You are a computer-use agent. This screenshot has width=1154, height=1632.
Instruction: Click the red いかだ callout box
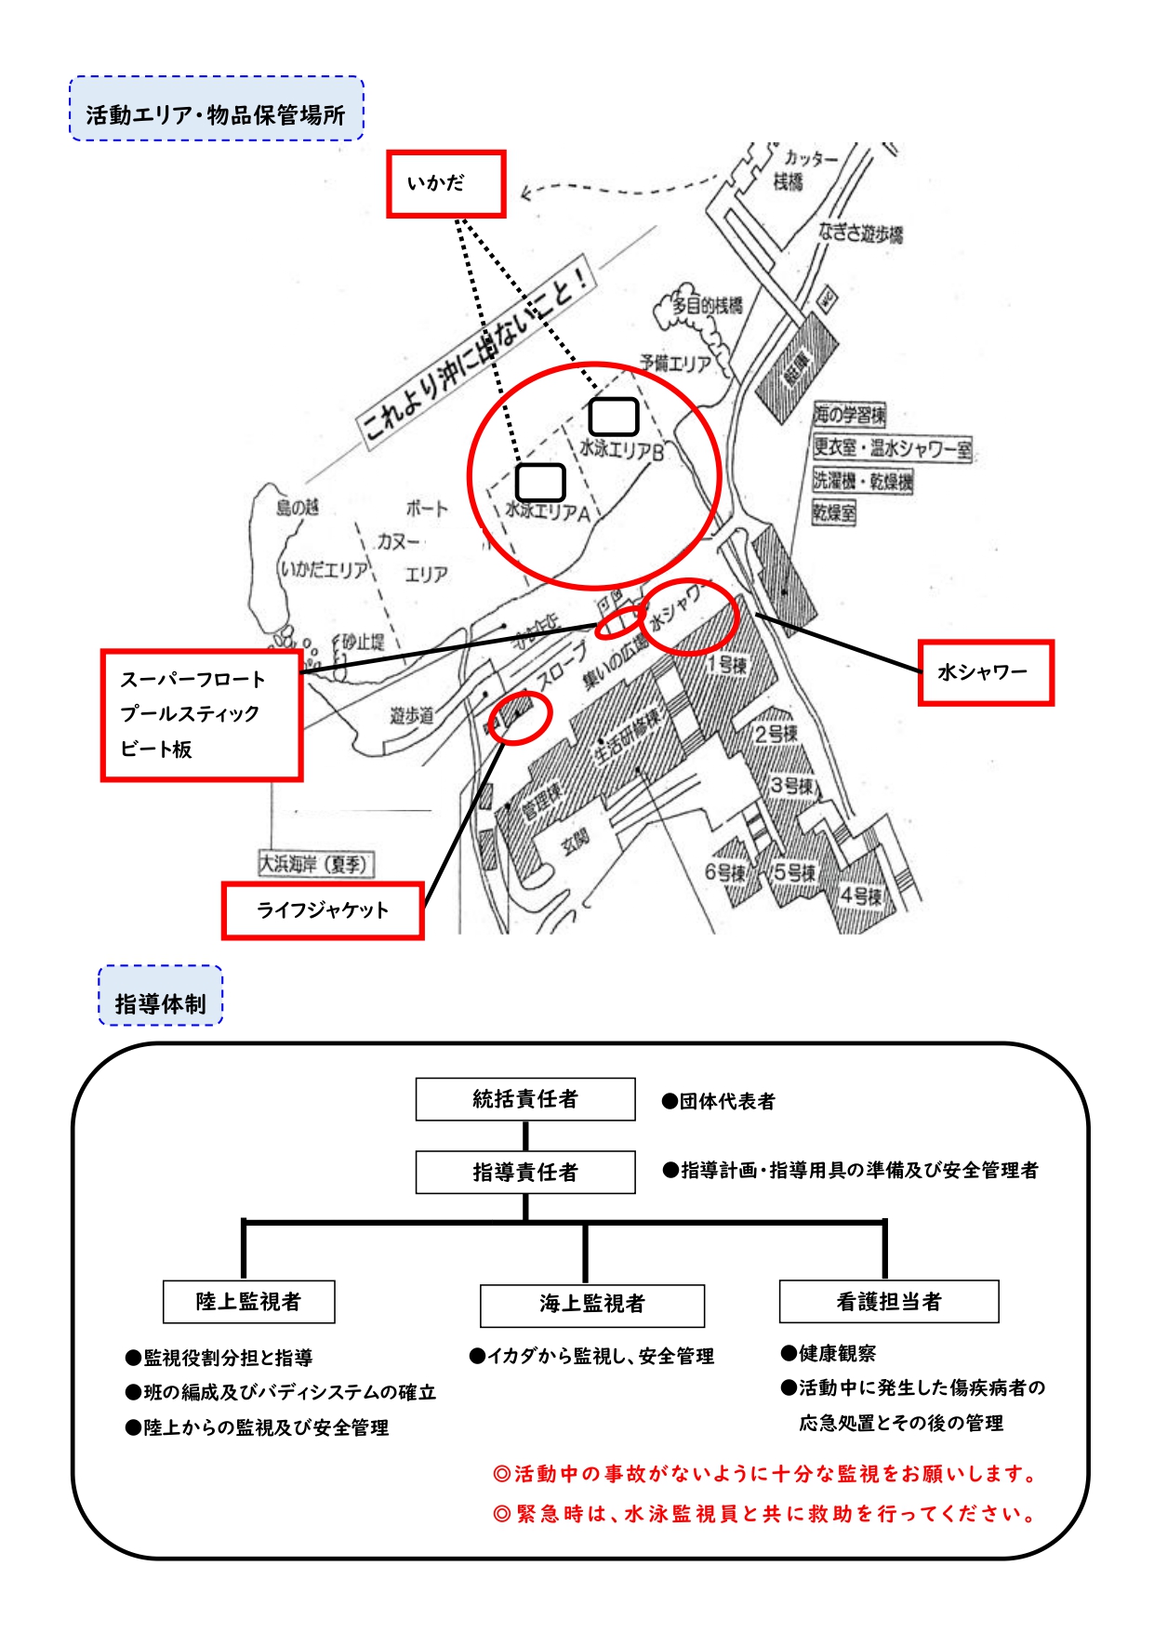tap(445, 184)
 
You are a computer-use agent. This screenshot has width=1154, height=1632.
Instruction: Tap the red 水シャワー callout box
tap(985, 672)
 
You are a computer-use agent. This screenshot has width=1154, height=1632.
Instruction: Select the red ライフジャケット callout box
tap(323, 910)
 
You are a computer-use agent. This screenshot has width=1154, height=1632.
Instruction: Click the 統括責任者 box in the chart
tap(525, 1099)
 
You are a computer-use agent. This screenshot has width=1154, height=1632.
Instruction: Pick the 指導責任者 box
tap(525, 1172)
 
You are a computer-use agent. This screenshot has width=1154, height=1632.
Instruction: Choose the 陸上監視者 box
tap(248, 1302)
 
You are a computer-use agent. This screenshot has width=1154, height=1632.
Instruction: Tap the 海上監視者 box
tap(591, 1305)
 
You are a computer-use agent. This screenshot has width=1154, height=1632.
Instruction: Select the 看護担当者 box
tap(888, 1302)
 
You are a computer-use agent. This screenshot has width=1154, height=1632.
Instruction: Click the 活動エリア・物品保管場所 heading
tap(216, 114)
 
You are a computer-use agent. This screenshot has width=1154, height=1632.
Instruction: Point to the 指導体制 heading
tap(160, 1003)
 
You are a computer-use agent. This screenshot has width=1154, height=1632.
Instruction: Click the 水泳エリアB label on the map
tap(622, 450)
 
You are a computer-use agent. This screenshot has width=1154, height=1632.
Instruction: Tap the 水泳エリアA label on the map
tap(548, 511)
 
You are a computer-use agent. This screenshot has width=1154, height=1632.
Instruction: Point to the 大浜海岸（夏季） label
tap(315, 864)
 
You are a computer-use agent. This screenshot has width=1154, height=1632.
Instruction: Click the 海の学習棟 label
tap(849, 414)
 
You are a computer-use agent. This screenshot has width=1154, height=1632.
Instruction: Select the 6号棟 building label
tap(724, 872)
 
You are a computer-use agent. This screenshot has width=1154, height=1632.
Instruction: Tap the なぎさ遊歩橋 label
tap(860, 232)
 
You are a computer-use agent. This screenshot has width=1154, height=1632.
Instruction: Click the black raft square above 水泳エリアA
tap(540, 482)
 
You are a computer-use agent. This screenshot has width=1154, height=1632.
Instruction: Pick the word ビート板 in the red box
tap(156, 749)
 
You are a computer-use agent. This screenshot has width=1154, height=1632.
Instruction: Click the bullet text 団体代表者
tap(726, 1102)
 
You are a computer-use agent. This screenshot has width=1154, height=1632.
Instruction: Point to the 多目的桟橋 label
tap(707, 305)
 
